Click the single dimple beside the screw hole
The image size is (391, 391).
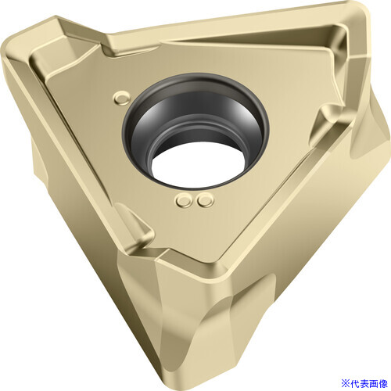coord(121,98)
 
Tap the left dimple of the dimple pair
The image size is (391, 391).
coord(184,201)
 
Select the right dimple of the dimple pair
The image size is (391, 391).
coord(205,200)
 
